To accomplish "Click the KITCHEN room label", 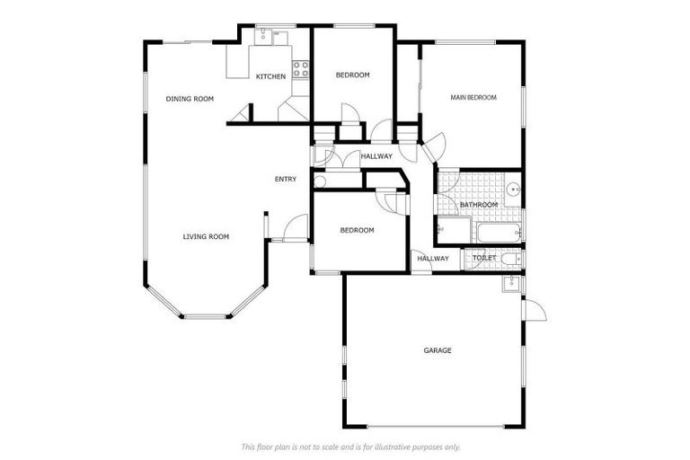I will tap(270, 76).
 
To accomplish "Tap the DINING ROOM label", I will tap(190, 98).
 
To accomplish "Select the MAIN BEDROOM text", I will tap(473, 97).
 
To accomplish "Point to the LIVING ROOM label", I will tap(206, 236).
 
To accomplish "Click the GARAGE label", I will tap(438, 349).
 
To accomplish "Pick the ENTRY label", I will tap(285, 179).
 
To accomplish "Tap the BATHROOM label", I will tap(479, 205).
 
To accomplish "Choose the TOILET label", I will tap(484, 259).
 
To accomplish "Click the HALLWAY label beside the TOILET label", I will tap(432, 259).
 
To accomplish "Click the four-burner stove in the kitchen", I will tap(300, 67).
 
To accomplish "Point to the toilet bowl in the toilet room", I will tap(510, 260).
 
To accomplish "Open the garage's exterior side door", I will tap(533, 310).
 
